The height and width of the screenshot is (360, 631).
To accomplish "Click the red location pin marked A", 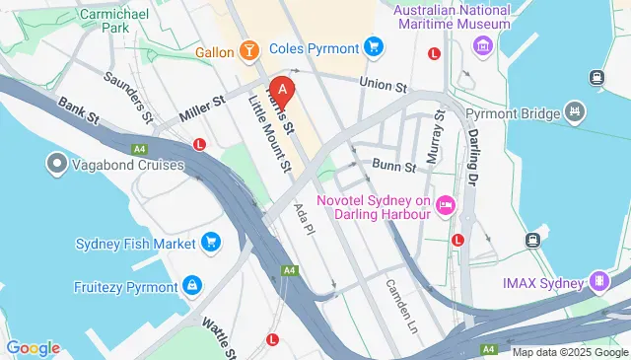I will click(283, 89).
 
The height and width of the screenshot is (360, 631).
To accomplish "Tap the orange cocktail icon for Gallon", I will click(250, 49).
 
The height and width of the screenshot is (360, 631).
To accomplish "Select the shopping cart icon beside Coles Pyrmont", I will click(373, 45).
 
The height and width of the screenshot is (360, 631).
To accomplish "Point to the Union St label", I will click(384, 85).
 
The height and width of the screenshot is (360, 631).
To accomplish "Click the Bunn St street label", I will click(393, 167).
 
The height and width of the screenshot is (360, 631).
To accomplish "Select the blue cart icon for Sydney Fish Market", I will click(210, 242).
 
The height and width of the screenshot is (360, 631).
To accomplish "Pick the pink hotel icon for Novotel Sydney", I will click(446, 205).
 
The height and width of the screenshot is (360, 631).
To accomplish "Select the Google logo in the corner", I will click(33, 347).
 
